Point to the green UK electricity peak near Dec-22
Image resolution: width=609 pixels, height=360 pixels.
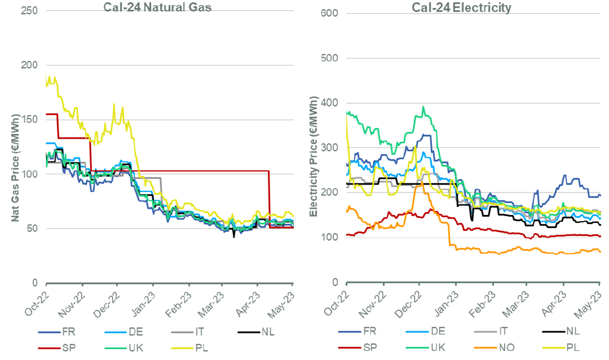click(423, 107)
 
